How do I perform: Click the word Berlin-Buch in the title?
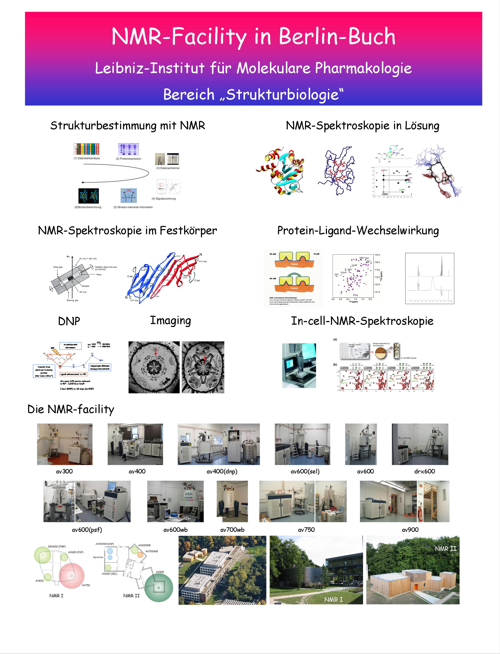(x=337, y=36)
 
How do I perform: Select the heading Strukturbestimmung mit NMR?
(x=128, y=125)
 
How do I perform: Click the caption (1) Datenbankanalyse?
(x=87, y=158)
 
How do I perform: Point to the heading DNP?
(x=69, y=321)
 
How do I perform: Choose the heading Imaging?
(x=170, y=321)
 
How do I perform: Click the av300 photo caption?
(x=64, y=471)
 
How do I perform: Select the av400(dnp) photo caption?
(x=222, y=471)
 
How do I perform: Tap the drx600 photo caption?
(x=424, y=471)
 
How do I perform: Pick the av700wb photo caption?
(x=232, y=530)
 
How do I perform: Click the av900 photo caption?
(x=410, y=530)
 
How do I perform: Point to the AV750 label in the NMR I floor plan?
(x=86, y=585)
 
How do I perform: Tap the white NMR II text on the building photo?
(x=445, y=549)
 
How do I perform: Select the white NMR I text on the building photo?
(x=333, y=599)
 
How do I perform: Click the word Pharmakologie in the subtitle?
(x=363, y=68)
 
